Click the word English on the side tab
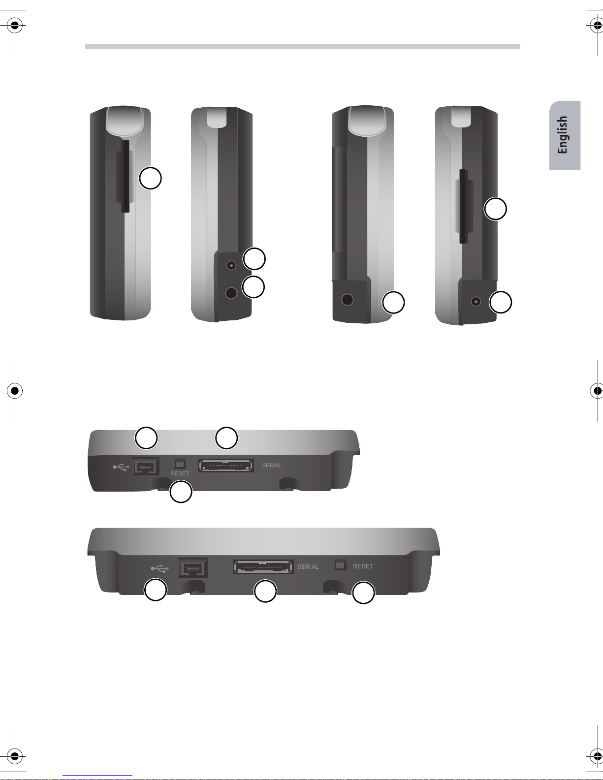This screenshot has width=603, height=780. coord(563,135)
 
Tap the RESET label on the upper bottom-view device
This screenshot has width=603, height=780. coord(180,473)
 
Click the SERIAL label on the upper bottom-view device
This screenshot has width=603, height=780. coord(272,465)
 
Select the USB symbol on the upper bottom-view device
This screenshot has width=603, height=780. coord(121,467)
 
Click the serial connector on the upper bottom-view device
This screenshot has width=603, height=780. coord(226,466)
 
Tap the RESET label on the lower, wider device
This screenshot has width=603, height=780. coord(363,566)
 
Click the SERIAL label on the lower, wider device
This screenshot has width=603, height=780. coord(308,567)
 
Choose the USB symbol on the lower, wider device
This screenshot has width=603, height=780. coord(159,568)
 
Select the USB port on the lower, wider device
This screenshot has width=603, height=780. coord(193,568)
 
